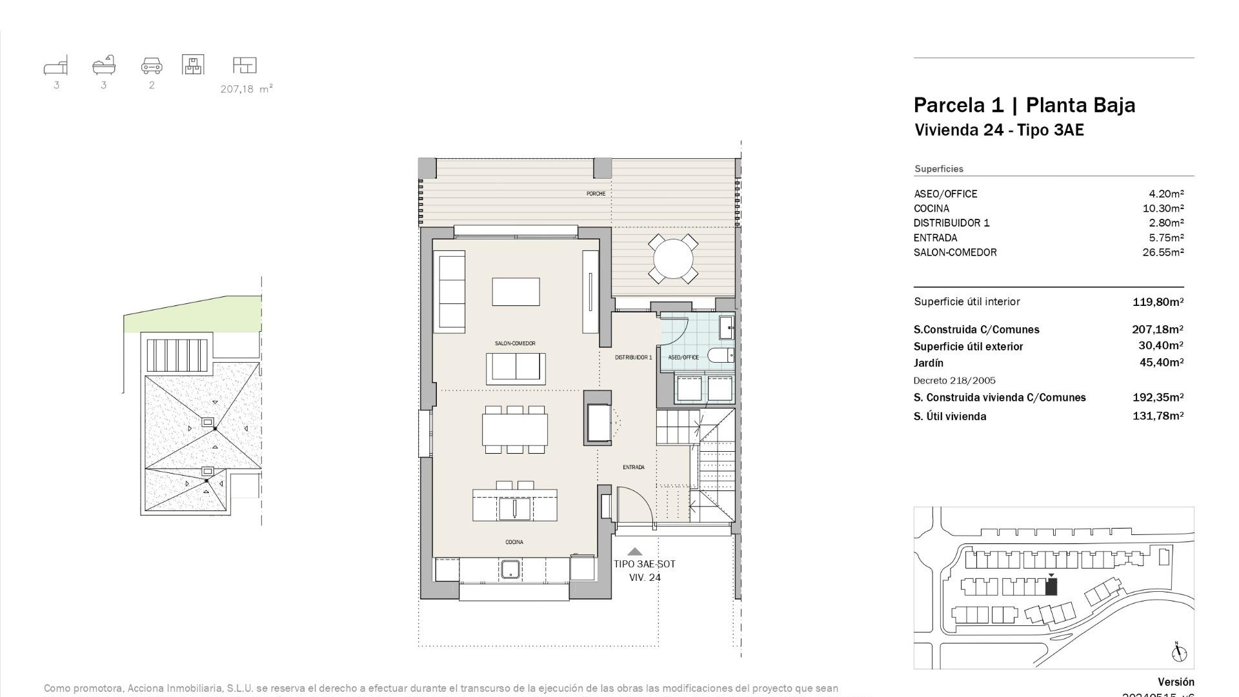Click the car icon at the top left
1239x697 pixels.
152,65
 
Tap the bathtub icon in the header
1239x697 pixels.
104,65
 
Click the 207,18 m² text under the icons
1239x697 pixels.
247,89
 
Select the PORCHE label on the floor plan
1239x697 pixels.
596,194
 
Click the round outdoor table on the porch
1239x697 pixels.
673,259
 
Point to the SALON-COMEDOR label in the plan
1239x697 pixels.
515,343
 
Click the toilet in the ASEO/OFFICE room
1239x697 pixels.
720,355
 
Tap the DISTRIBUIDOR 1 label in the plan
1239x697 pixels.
633,357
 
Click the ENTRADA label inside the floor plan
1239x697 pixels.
633,467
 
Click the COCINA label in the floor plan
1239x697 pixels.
514,542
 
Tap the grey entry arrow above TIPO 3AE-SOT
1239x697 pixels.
635,551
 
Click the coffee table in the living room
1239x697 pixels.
516,292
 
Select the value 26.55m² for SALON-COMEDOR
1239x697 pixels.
1163,252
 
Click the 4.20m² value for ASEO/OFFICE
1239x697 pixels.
1166,194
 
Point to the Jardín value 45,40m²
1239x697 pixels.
1161,363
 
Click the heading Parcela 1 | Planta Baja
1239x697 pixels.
1024,105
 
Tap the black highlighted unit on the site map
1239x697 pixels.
1051,587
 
